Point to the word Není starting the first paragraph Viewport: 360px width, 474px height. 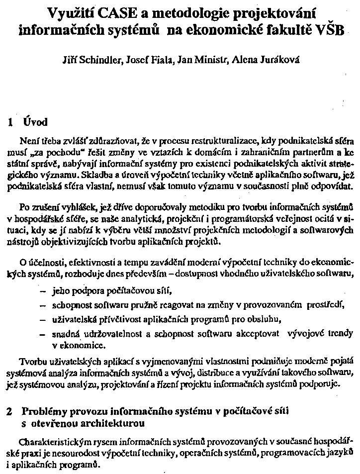pos(27,140)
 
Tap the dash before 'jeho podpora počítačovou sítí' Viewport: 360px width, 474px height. pos(42,292)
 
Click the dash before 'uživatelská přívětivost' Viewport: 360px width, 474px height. pos(42,318)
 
